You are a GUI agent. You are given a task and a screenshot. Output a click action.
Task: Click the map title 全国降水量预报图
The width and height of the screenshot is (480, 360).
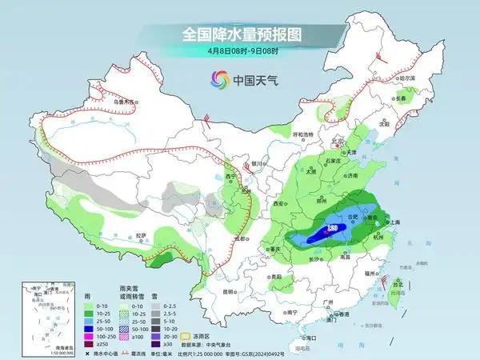click(240, 34)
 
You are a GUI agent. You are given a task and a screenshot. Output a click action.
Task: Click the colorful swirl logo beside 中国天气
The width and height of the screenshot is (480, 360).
click(218, 79)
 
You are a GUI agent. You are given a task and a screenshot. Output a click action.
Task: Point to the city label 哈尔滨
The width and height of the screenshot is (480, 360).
click(406, 78)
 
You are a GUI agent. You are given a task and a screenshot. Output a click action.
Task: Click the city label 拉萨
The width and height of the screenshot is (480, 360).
click(141, 234)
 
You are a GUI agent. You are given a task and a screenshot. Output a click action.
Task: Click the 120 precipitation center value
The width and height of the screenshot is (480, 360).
click(330, 229)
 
